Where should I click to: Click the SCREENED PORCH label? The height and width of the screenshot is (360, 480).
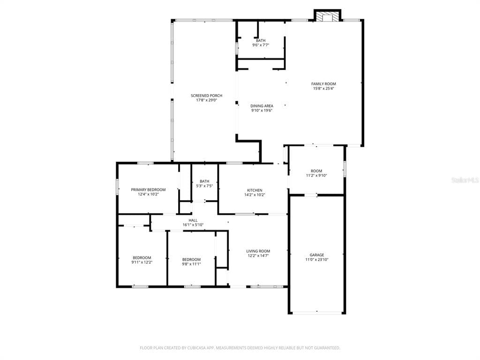pyautogui.click(x=206, y=96)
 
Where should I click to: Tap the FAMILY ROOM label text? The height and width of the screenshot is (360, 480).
pyautogui.click(x=323, y=84)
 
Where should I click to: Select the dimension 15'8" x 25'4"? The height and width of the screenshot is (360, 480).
pyautogui.click(x=323, y=89)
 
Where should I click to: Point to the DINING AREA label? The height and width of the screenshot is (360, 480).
pyautogui.click(x=262, y=106)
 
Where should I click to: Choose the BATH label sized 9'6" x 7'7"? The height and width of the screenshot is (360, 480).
pyautogui.click(x=261, y=41)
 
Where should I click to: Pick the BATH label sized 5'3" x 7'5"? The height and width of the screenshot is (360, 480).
pyautogui.click(x=204, y=181)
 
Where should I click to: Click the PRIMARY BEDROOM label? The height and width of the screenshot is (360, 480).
pyautogui.click(x=148, y=190)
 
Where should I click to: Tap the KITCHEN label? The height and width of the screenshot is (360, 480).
pyautogui.click(x=255, y=190)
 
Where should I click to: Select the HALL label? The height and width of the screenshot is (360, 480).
pyautogui.click(x=193, y=220)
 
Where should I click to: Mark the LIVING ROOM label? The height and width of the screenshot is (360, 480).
pyautogui.click(x=258, y=251)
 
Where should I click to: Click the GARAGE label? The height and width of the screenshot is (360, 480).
pyautogui.click(x=317, y=255)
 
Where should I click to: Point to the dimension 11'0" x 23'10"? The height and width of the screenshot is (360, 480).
pyautogui.click(x=317, y=260)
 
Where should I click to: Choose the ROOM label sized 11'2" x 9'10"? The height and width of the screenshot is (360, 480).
pyautogui.click(x=316, y=171)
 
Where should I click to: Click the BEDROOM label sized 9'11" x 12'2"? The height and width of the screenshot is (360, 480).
pyautogui.click(x=142, y=258)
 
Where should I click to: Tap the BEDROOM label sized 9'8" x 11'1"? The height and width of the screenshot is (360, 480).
pyautogui.click(x=191, y=260)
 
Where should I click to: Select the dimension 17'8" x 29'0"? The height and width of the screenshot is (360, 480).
pyautogui.click(x=206, y=100)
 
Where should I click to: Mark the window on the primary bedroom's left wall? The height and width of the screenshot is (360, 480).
pyautogui.click(x=117, y=186)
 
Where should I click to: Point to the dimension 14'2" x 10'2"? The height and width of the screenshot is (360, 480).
pyautogui.click(x=255, y=195)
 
